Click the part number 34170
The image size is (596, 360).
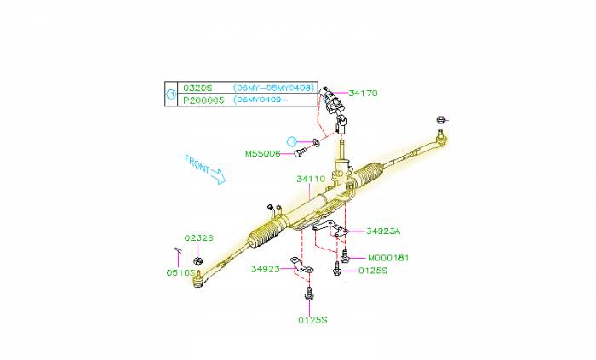(363, 93)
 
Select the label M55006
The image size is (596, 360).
(262, 154)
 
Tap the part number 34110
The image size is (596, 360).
(311, 180)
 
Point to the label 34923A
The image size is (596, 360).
(383, 231)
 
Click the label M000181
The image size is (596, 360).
(388, 257)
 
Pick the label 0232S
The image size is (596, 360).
(198, 238)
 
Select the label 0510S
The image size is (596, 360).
(181, 273)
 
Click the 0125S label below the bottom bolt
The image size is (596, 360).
(312, 320)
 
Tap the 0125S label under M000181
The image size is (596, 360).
(372, 270)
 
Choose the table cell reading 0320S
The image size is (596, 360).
(197, 88)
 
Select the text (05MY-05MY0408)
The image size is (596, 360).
(274, 88)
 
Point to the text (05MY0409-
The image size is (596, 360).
(267, 100)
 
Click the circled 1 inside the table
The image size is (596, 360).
(171, 94)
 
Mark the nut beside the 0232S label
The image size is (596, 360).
(198, 258)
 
